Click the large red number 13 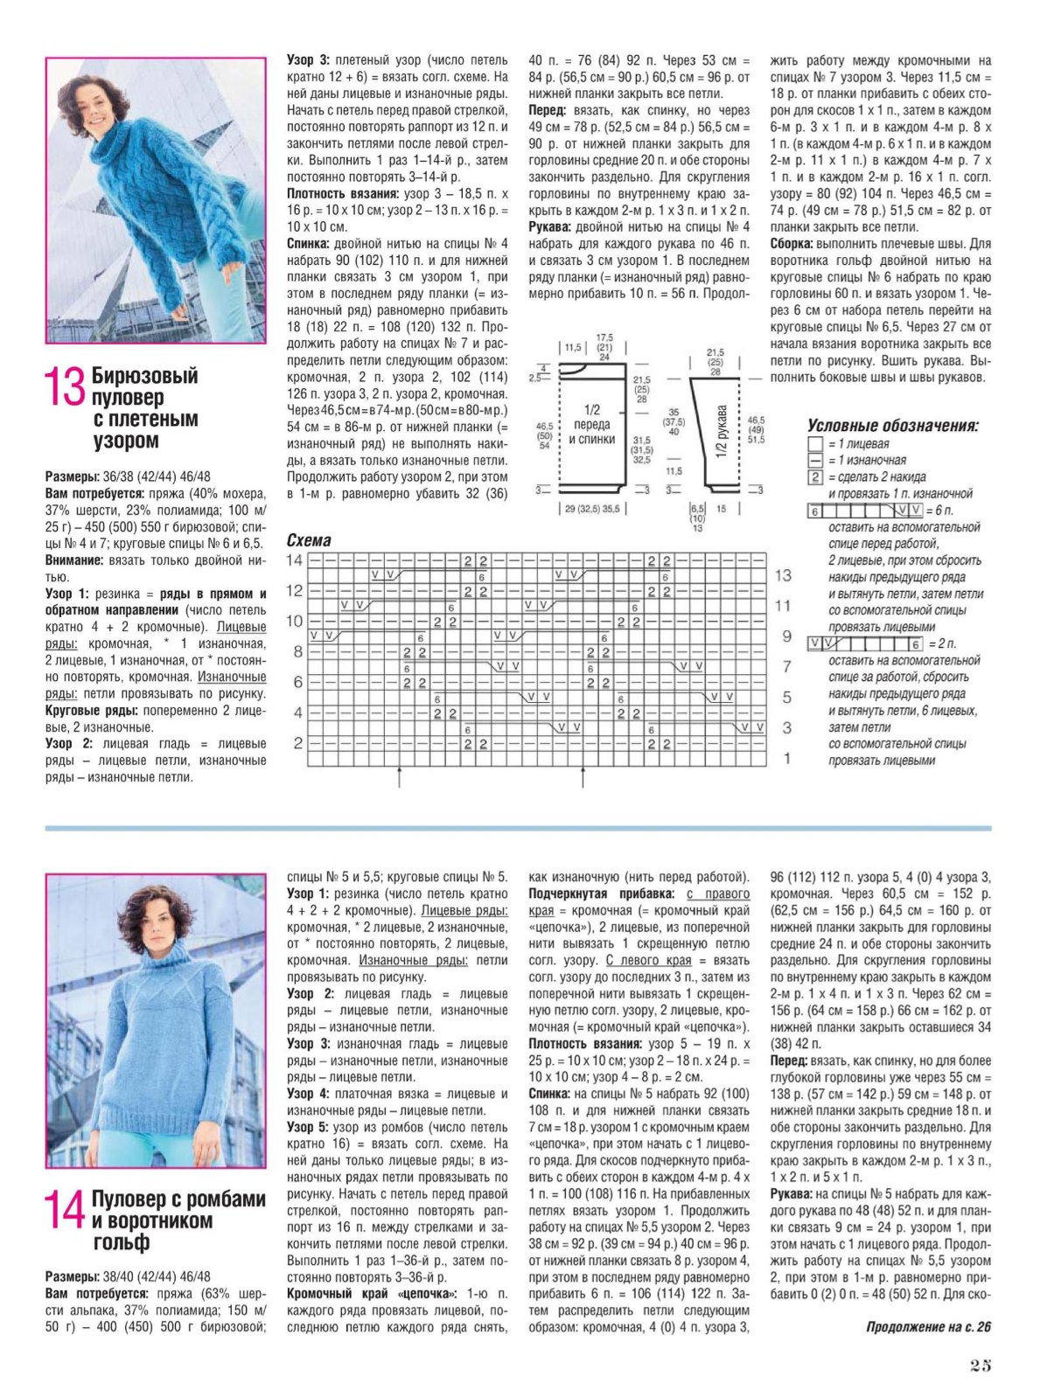(x=66, y=386)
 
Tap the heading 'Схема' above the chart (x=309, y=541)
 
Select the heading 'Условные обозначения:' (x=892, y=426)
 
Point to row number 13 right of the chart (x=783, y=575)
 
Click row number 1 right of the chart (x=786, y=758)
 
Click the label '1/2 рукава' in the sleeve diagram (x=722, y=431)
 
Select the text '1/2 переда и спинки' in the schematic (x=592, y=424)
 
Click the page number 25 (x=980, y=1366)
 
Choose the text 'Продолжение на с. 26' (x=928, y=1327)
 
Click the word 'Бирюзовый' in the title (x=144, y=376)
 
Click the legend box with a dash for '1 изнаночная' (x=815, y=461)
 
